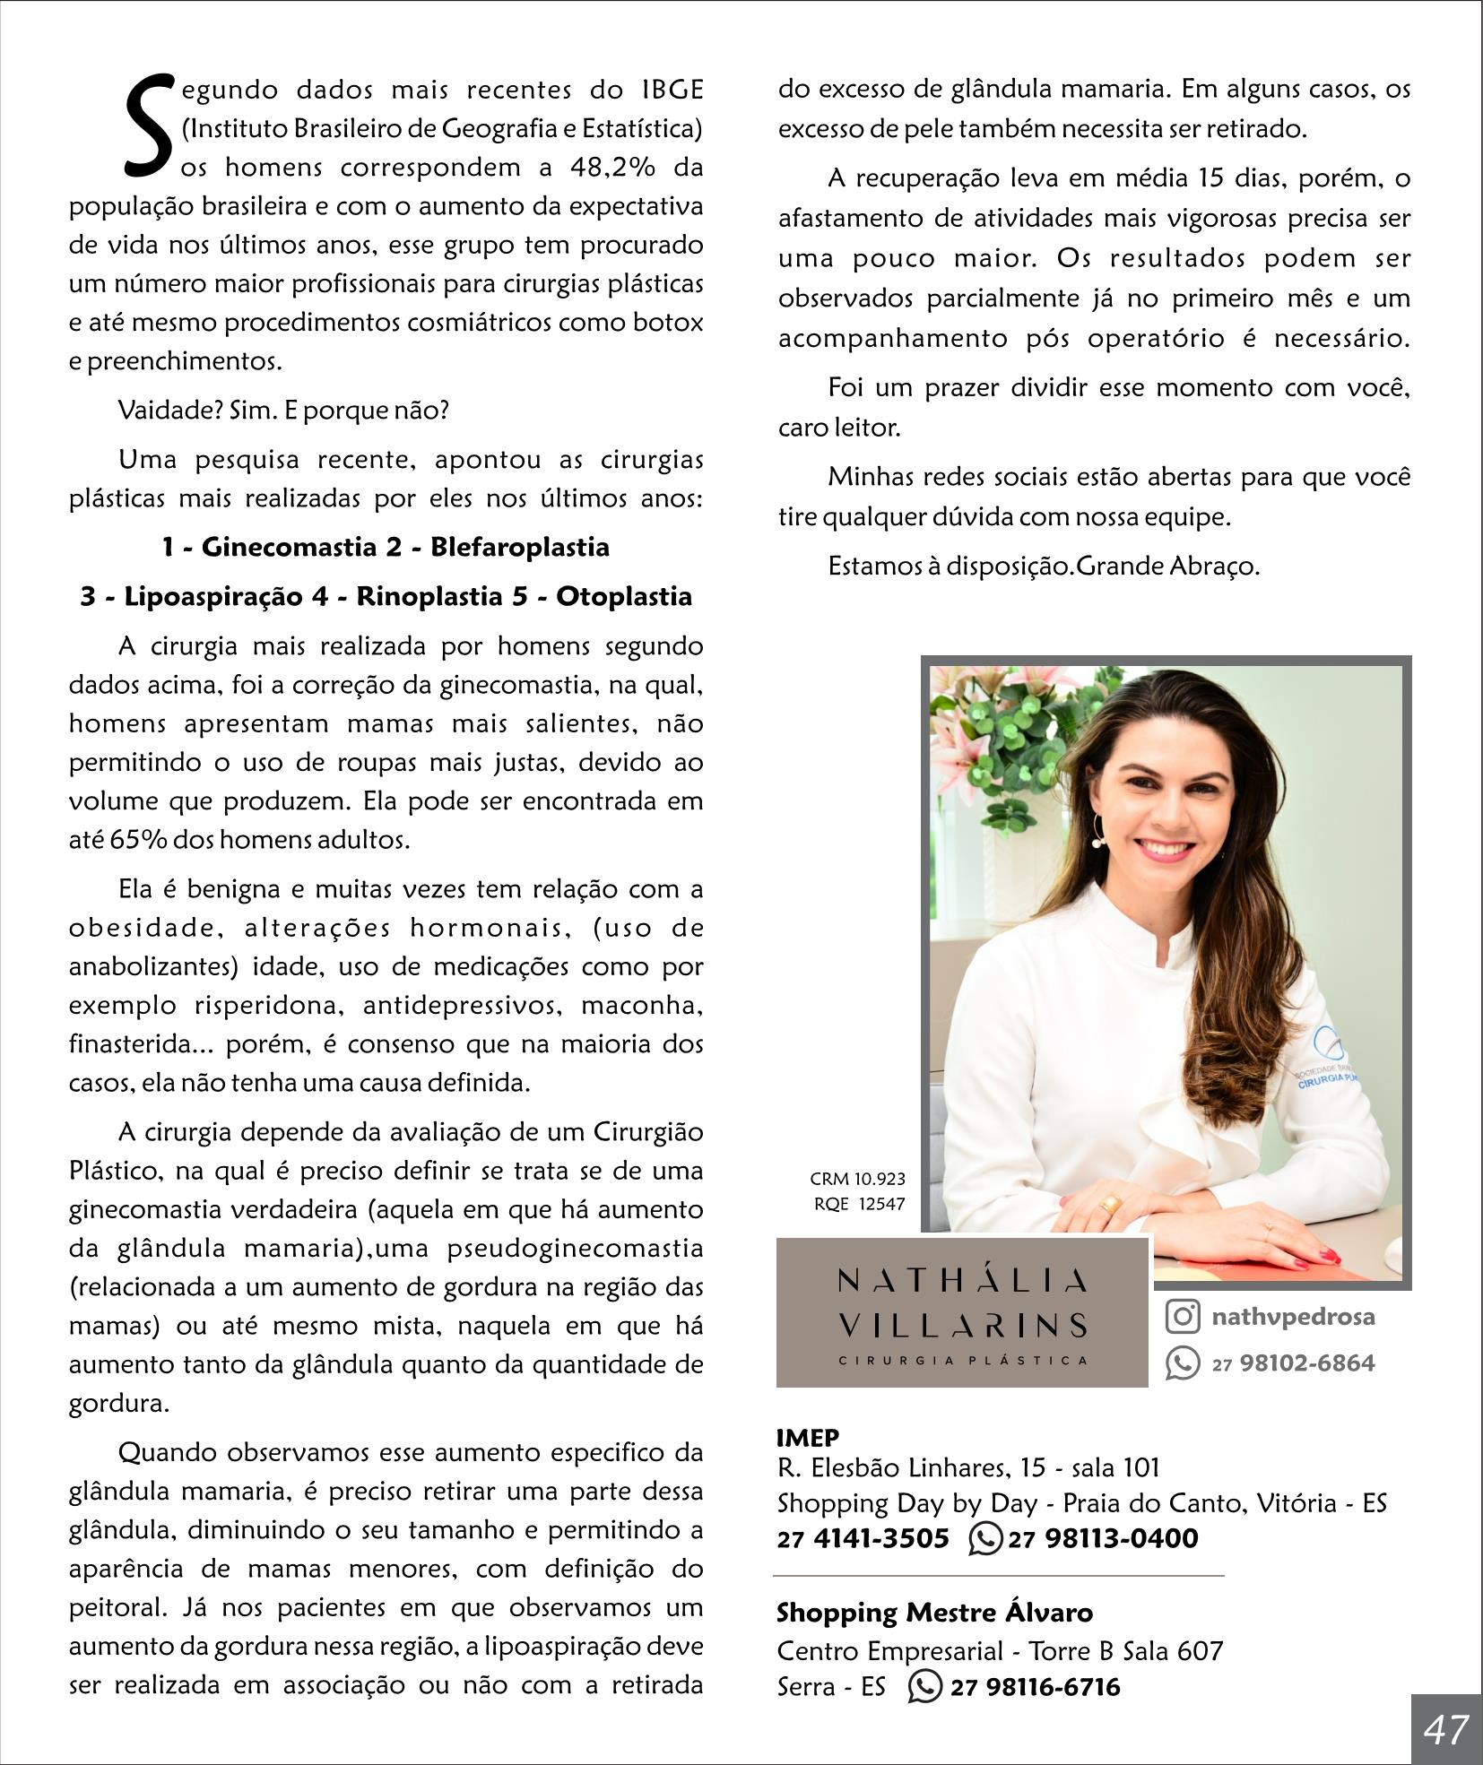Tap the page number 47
1445,1728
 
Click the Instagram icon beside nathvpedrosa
1183,1316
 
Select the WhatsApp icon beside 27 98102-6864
1183,1363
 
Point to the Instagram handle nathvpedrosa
1293,1316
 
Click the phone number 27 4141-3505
863,1538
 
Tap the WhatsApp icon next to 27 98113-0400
985,1538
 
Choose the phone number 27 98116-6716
1035,1687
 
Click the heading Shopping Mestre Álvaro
934,1613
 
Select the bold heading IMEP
807,1438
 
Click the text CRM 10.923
857,1179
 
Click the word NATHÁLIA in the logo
962,1279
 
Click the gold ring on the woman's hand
1110,1204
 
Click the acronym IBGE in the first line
672,90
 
